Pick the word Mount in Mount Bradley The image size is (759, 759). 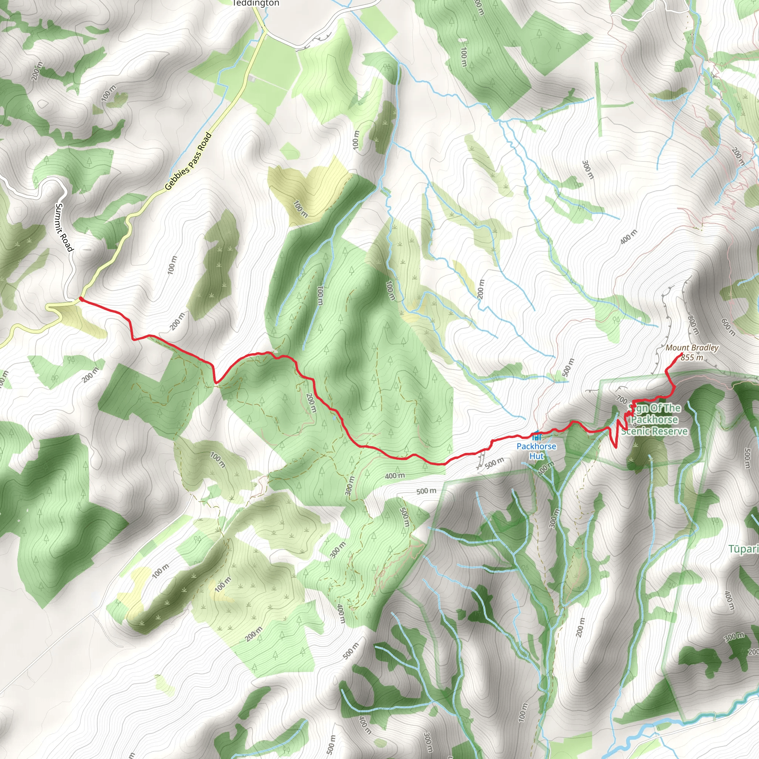pyautogui.click(x=678, y=348)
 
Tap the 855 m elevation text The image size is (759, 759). pyautogui.click(x=692, y=358)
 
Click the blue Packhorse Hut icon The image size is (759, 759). pyautogui.click(x=536, y=436)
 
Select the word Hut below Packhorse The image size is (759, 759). pyautogui.click(x=536, y=456)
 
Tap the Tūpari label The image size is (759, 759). pyautogui.click(x=744, y=549)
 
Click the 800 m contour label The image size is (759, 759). pyautogui.click(x=693, y=325)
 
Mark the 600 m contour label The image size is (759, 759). pyautogui.click(x=728, y=327)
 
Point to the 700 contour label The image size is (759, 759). pyautogui.click(x=622, y=400)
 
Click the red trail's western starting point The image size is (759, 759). pyautogui.click(x=80, y=299)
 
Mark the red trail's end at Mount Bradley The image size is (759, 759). pyautogui.click(x=681, y=355)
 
